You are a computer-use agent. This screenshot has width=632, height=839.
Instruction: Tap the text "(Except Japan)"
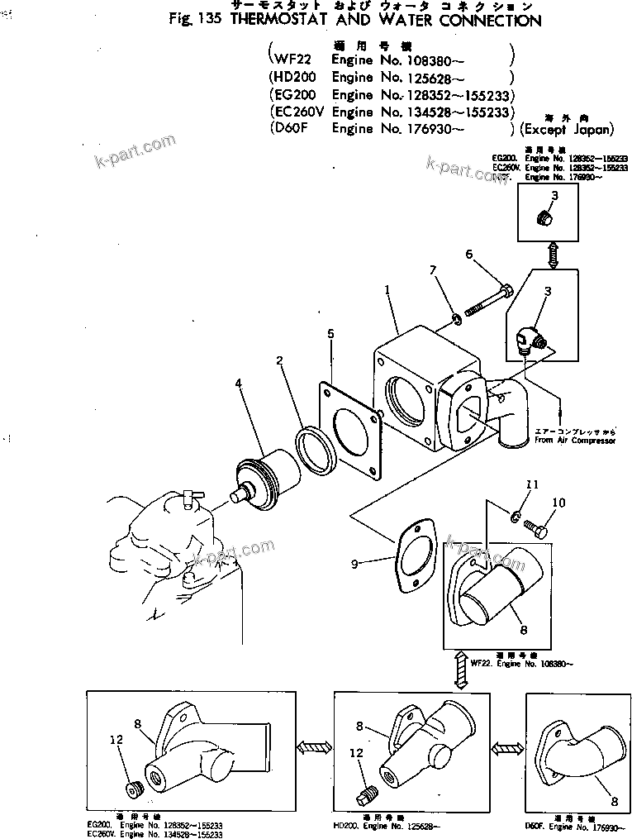click(567, 130)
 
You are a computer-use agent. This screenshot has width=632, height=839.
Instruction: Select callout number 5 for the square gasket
click(330, 334)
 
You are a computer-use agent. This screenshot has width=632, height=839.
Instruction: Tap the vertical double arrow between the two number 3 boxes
click(552, 253)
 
